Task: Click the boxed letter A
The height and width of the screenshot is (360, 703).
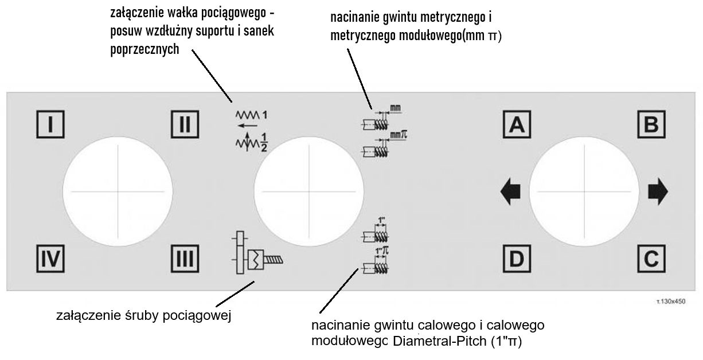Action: click(x=517, y=124)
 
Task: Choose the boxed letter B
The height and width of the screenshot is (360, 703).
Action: click(x=651, y=124)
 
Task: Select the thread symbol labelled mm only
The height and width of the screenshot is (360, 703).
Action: click(x=376, y=120)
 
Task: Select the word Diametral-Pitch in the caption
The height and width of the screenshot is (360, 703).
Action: click(x=439, y=342)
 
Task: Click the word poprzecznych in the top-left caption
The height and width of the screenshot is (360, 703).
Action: click(x=144, y=50)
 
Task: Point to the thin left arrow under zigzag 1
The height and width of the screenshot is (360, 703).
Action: click(x=247, y=124)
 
